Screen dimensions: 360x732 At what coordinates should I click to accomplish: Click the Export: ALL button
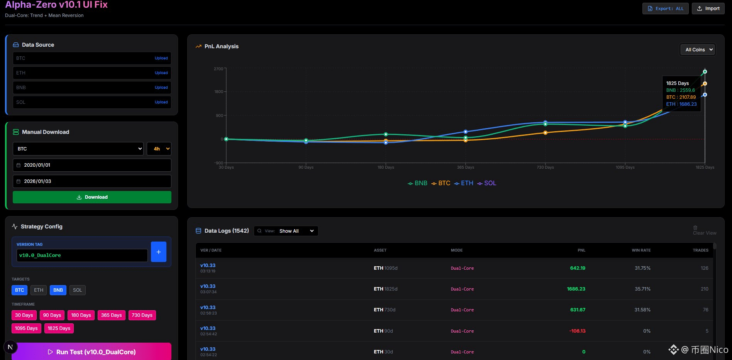coord(665,8)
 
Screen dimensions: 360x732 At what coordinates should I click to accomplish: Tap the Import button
coord(708,8)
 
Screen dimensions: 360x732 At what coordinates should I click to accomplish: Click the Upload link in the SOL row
coord(161,102)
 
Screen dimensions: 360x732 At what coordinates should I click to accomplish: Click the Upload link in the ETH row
coord(161,73)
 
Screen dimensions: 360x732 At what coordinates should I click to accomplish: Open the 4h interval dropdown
coord(159,149)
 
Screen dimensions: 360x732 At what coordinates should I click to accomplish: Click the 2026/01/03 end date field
coord(92,181)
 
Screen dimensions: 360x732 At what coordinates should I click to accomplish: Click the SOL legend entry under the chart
coord(487,183)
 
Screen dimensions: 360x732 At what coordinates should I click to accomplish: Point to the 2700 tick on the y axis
coord(219,69)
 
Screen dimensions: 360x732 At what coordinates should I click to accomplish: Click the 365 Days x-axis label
coord(465,167)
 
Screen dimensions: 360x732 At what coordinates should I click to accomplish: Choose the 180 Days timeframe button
coord(81,315)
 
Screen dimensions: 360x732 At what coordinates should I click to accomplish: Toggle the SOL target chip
coord(77,290)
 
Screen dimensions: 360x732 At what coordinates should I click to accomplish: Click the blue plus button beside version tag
coord(158,252)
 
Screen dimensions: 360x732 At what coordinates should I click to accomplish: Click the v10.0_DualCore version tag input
coord(82,255)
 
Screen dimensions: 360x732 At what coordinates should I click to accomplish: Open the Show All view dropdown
coord(296,231)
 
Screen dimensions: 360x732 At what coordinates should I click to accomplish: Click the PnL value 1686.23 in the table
coord(576,289)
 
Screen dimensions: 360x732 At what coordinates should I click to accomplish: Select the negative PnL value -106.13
coord(577,331)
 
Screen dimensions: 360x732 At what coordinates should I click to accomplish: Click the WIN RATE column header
coord(641,250)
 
